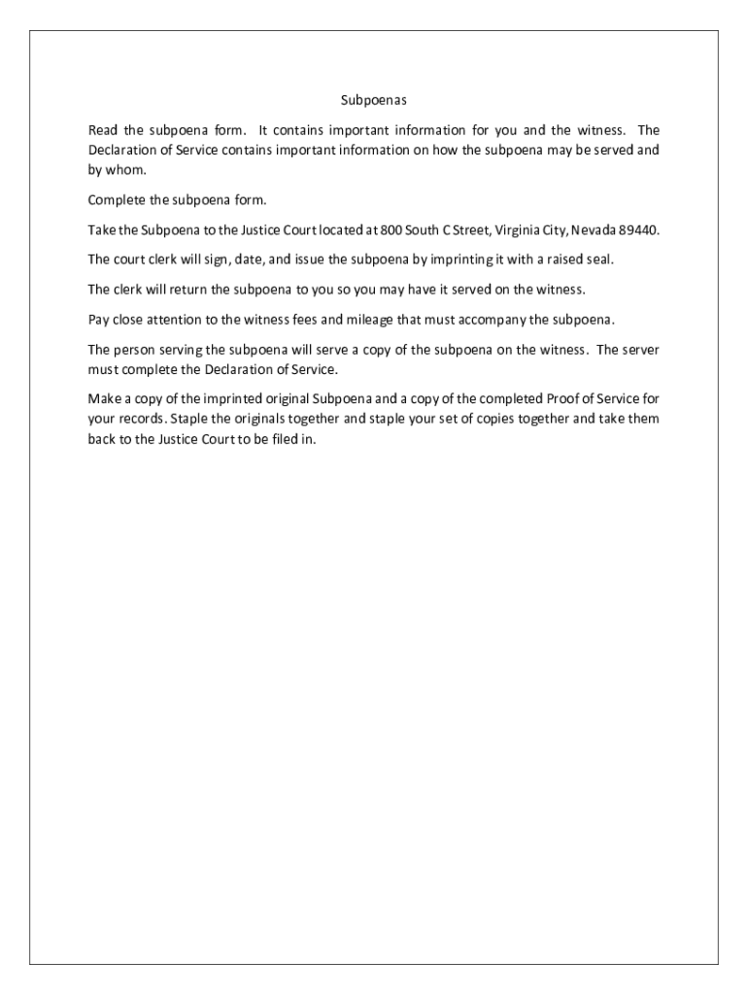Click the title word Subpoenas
pyautogui.click(x=373, y=100)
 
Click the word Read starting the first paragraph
pyautogui.click(x=102, y=130)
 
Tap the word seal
pyautogui.click(x=599, y=260)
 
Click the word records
pyautogui.click(x=141, y=419)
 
